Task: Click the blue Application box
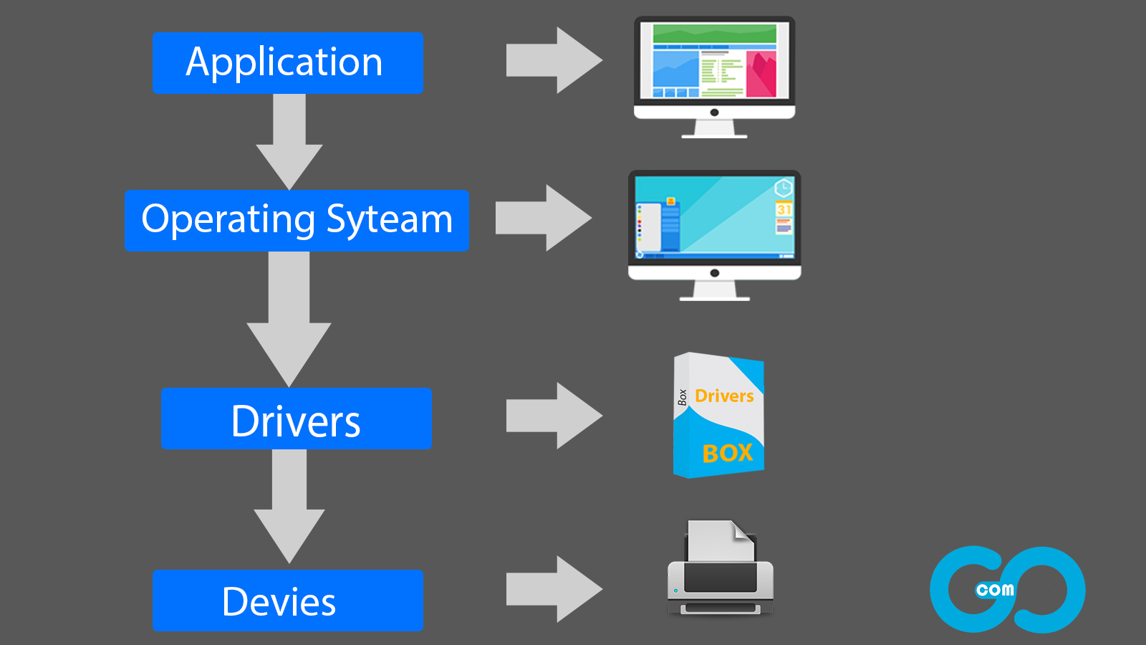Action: click(288, 63)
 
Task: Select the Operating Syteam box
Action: click(297, 221)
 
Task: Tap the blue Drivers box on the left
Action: click(297, 419)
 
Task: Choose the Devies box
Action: click(288, 601)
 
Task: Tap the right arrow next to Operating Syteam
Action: click(542, 218)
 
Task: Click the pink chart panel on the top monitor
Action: click(761, 73)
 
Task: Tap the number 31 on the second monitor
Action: click(784, 210)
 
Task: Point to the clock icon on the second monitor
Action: click(783, 188)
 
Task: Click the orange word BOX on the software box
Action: click(727, 453)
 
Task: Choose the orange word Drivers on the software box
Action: click(724, 396)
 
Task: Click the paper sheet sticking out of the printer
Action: click(719, 541)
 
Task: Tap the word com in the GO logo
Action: click(995, 590)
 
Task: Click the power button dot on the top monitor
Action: click(714, 113)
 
